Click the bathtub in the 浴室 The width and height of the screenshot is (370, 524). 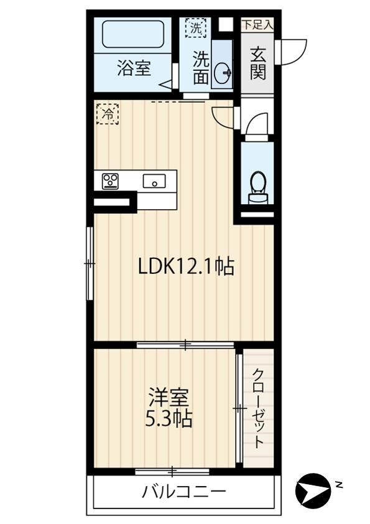(x=133, y=34)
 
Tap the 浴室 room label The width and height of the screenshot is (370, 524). (x=134, y=68)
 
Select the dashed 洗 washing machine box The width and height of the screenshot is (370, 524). (x=196, y=28)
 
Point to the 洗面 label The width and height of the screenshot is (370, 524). (x=201, y=68)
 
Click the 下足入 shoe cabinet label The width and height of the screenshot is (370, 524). (x=257, y=25)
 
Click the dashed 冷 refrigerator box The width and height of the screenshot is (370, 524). (x=108, y=114)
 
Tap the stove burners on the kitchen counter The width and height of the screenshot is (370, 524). (x=110, y=181)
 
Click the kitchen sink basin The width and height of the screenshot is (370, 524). (x=154, y=181)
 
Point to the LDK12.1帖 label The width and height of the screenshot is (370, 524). (x=186, y=266)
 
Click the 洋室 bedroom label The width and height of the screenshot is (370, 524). (x=169, y=397)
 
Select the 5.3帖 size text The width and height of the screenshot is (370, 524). (x=169, y=418)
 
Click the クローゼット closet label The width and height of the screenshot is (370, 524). (x=258, y=408)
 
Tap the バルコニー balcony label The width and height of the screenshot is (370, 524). (x=184, y=492)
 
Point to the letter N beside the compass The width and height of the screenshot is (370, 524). (x=340, y=484)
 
